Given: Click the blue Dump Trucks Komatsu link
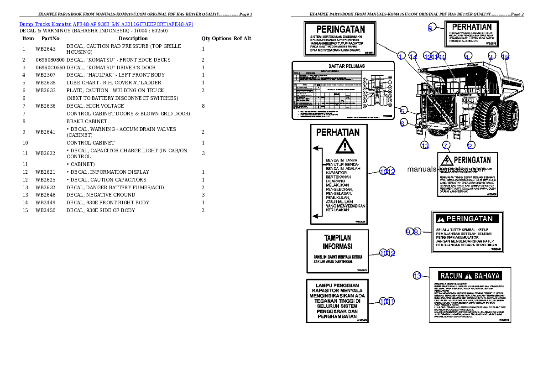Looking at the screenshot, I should coord(106,24).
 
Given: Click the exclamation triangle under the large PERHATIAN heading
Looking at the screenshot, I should coord(345,146).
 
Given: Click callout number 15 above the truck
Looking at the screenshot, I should coord(505,57).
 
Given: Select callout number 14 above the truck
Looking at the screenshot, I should coord(413,57).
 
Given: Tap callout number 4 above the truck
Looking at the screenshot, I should coord(467,57).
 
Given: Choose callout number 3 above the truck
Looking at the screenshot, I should coord(491,57).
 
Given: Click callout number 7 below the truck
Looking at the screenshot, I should coord(445,145).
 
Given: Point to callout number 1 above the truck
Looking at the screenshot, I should coord(401,57).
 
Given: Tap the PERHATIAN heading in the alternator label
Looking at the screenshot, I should coord(471,27).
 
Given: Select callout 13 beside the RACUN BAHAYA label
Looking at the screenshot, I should coord(417,275).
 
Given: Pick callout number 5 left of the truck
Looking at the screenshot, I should coord(402,110).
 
